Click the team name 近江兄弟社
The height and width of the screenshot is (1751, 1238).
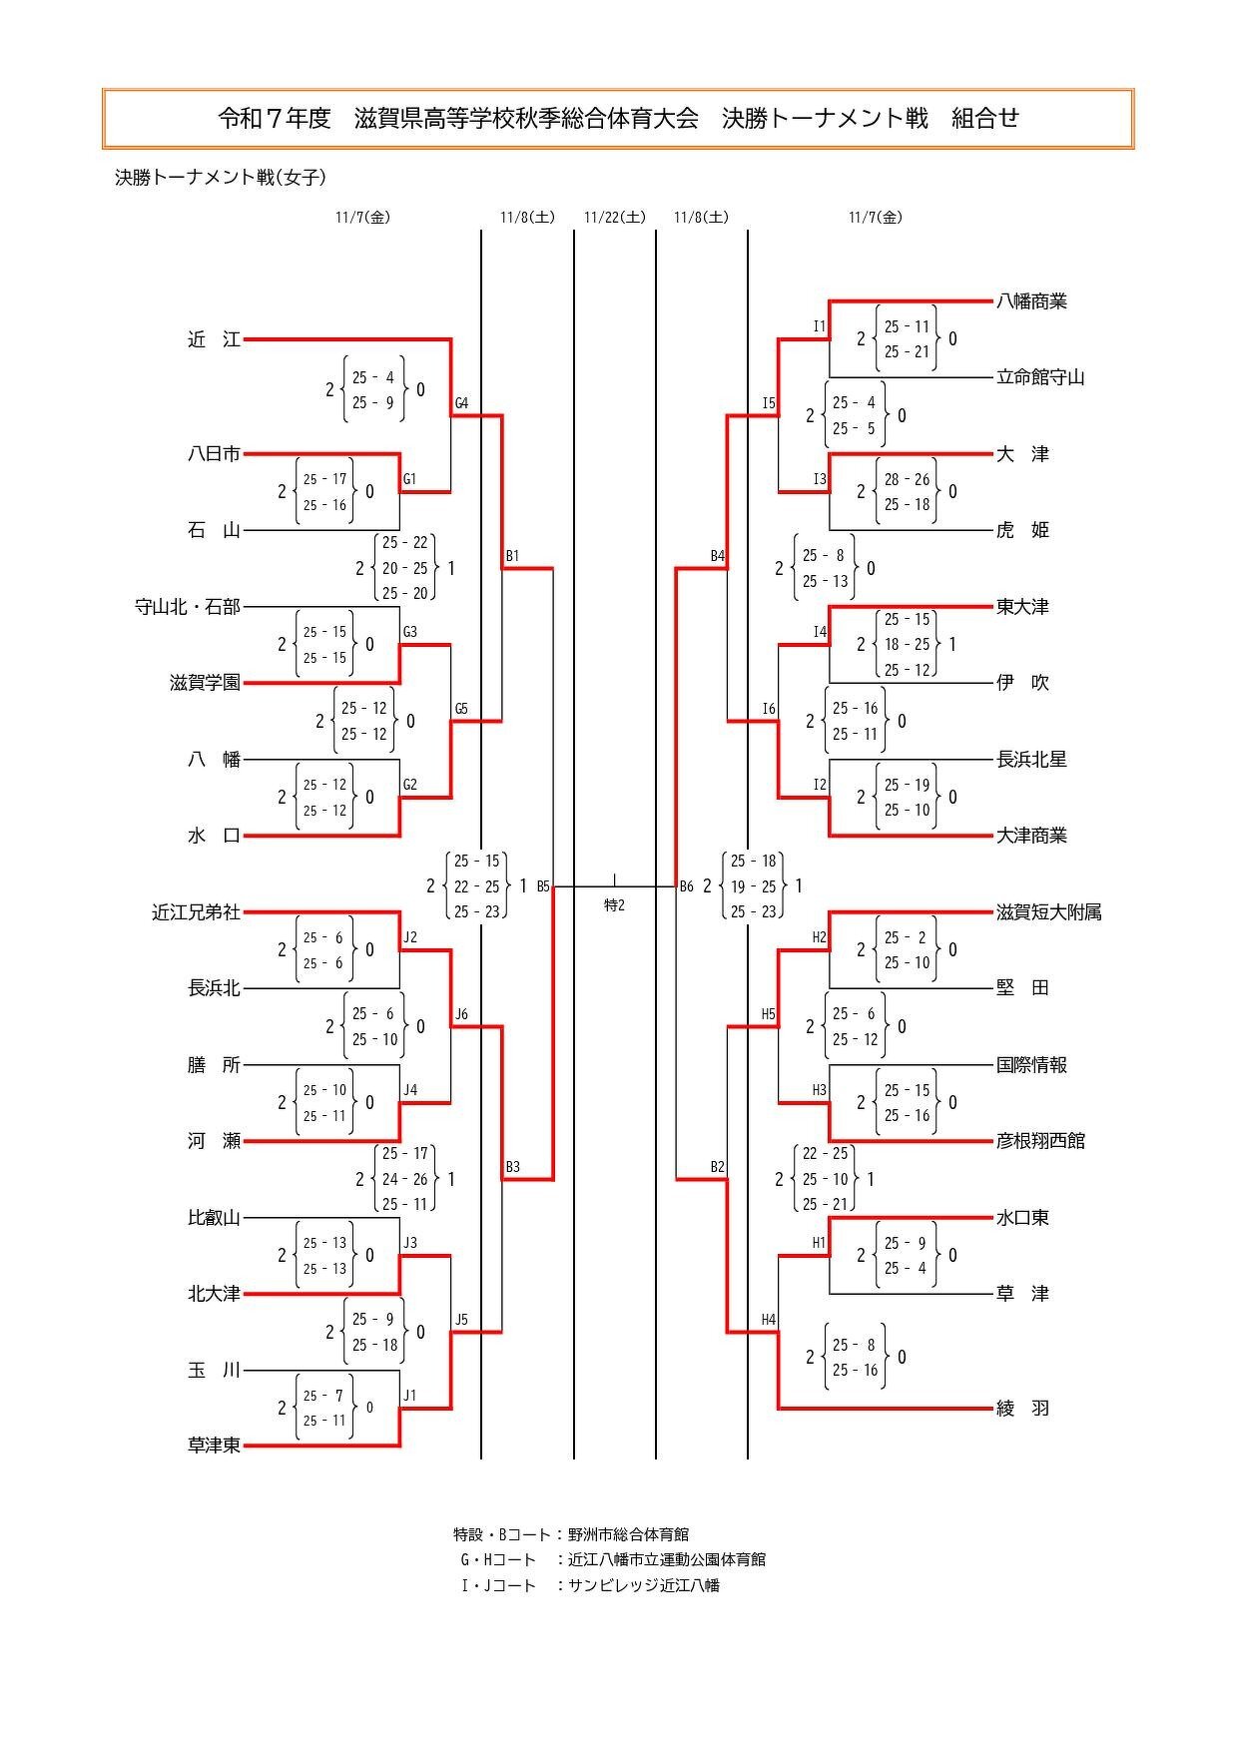[196, 912]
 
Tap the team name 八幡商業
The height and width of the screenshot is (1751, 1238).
[1031, 300]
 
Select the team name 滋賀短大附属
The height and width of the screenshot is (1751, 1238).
[1048, 912]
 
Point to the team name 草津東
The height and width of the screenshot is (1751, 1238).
[214, 1446]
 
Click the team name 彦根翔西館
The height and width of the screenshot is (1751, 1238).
[1040, 1141]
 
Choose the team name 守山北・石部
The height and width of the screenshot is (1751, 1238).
[188, 607]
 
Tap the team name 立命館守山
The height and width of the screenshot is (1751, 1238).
[1040, 377]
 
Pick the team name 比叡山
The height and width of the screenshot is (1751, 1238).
[214, 1218]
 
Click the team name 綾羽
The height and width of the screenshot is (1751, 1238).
[1022, 1409]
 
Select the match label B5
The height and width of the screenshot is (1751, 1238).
[543, 885]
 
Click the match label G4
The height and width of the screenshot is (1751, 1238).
[461, 404]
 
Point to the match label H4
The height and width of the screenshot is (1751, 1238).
[768, 1320]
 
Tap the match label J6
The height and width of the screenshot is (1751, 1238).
[461, 1015]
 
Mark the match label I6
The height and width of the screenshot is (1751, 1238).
[768, 710]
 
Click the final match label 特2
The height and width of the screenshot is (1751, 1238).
[614, 905]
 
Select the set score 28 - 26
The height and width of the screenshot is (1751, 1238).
[907, 479]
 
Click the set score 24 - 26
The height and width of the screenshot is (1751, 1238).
[404, 1179]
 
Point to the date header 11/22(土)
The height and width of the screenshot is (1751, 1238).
[614, 217]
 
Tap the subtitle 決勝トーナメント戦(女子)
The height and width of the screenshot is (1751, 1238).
[221, 178]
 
